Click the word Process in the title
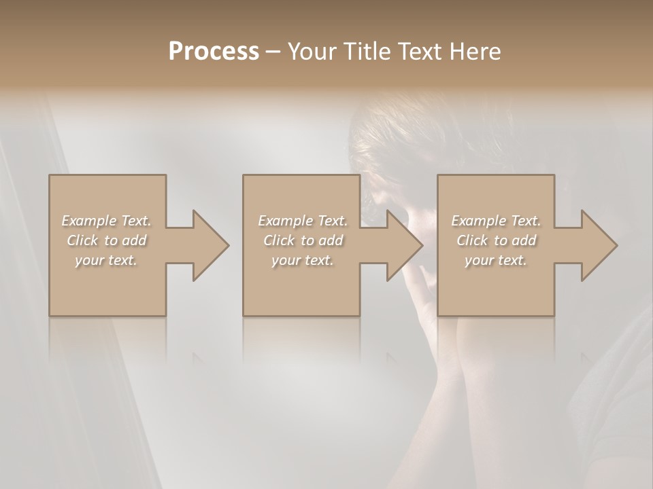point(214,52)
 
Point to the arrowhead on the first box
point(207,245)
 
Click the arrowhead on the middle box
point(402,245)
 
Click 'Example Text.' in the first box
point(107,221)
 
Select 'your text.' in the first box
point(107,260)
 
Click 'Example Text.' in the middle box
point(303,221)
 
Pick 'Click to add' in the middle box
point(303,240)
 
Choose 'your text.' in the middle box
point(303,260)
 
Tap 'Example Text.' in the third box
point(496,221)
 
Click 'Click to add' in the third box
point(496,240)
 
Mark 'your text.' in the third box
point(496,260)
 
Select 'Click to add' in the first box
point(107,240)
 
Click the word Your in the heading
point(310,52)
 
